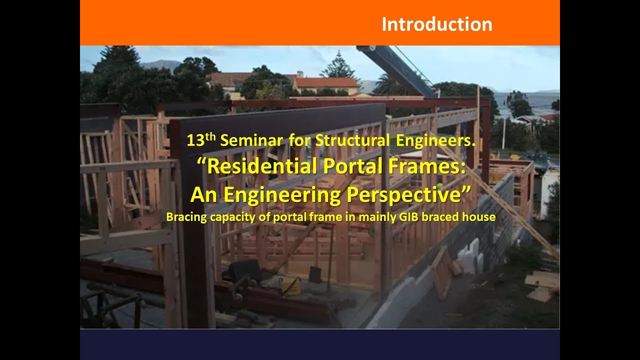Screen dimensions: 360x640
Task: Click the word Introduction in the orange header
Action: pyautogui.click(x=436, y=24)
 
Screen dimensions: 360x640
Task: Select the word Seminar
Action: pyautogui.click(x=251, y=140)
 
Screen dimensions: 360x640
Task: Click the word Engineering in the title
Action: pyautogui.click(x=287, y=194)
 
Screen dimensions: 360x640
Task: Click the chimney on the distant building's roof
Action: pyautogui.click(x=299, y=74)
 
